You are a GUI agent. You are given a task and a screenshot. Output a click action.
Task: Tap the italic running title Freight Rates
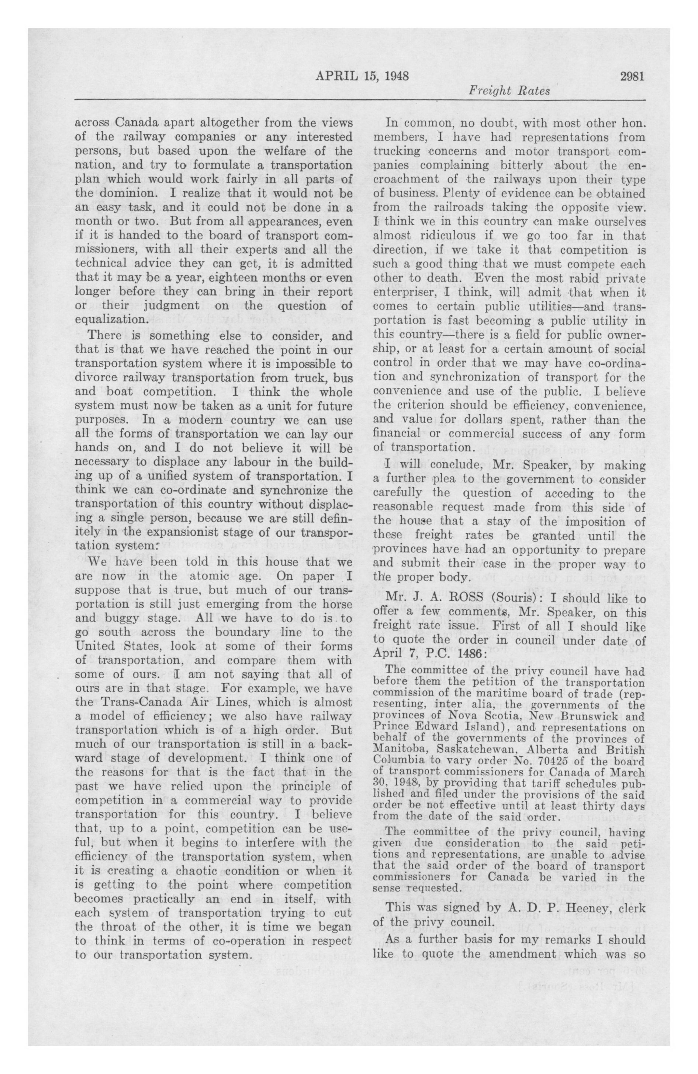(x=509, y=91)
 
